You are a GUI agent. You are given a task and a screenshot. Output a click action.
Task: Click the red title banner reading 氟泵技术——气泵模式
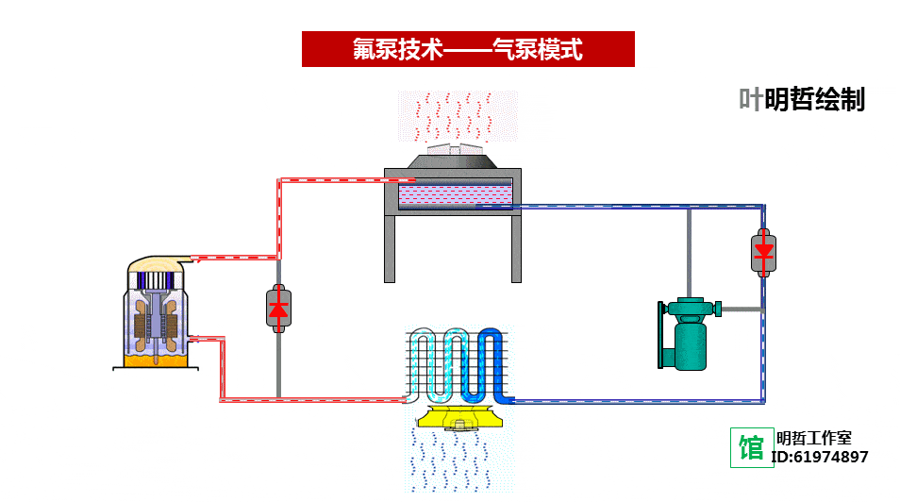click(x=468, y=49)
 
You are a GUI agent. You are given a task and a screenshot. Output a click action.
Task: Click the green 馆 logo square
click(x=752, y=447)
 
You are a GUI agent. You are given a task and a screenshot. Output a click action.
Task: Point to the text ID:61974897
click(x=820, y=458)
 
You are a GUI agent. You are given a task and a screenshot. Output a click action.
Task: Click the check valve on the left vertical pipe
click(x=278, y=308)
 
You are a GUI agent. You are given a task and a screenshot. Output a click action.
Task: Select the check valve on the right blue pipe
click(x=763, y=251)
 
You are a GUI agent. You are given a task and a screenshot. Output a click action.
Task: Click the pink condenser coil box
click(x=455, y=195)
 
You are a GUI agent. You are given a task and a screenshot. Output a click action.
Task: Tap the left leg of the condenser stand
click(x=390, y=249)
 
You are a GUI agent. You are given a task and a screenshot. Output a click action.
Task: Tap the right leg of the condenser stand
click(x=516, y=249)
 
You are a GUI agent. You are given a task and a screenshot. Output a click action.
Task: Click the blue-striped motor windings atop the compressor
click(x=155, y=280)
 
